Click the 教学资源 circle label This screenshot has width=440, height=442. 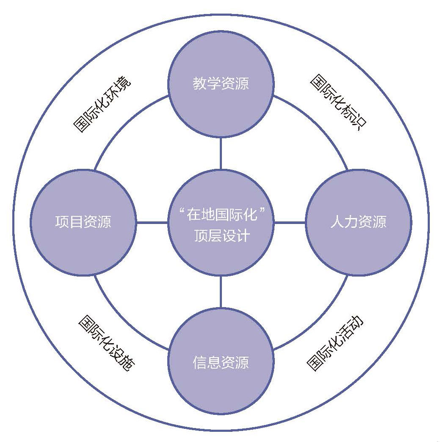(221, 84)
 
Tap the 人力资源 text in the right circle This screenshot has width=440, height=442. (358, 222)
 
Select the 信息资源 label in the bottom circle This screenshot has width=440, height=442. (221, 363)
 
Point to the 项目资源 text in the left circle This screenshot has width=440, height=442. (83, 222)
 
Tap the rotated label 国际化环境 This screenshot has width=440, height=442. (102, 104)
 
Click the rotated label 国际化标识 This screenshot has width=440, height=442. (338, 102)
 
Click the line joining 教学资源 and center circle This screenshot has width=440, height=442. (221, 154)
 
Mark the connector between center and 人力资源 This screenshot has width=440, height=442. (290, 223)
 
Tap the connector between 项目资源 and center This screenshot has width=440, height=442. (152, 223)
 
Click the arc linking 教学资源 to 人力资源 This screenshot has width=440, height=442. (318, 125)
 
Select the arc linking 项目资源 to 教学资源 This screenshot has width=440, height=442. (123, 125)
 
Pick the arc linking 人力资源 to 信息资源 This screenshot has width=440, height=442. (318, 320)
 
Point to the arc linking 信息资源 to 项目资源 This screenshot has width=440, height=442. (123, 320)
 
